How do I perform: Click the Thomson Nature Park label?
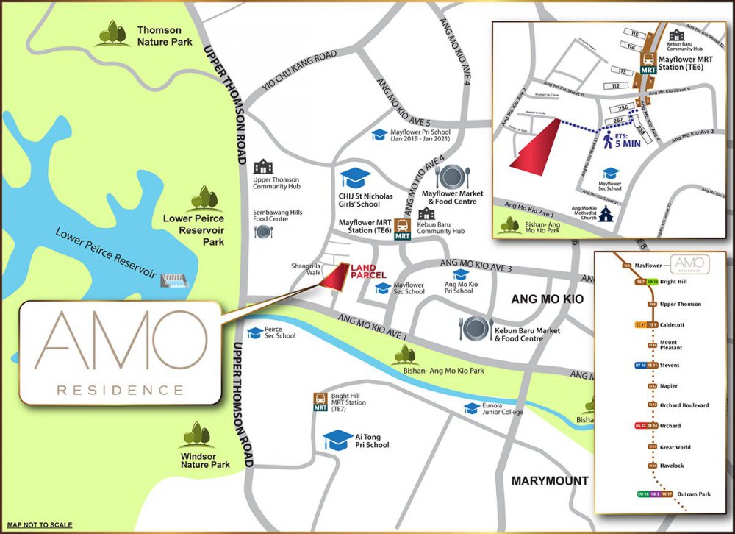click(x=159, y=36)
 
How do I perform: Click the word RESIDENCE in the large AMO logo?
click(x=120, y=389)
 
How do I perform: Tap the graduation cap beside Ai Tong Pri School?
click(x=338, y=440)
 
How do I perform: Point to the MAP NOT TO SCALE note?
click(x=40, y=524)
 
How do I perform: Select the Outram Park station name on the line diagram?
click(x=694, y=494)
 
